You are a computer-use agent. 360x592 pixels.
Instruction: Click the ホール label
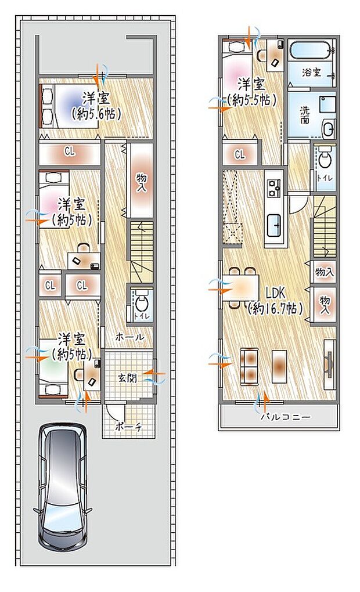pos(129,337)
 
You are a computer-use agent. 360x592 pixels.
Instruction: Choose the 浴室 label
pos(311,73)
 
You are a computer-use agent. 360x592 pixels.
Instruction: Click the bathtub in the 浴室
pos(311,52)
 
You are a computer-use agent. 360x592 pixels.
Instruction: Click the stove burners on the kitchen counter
pos(273,187)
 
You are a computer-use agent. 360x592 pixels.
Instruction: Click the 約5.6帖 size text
pos(96,114)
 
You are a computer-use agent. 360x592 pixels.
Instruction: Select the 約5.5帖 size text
pos(251,100)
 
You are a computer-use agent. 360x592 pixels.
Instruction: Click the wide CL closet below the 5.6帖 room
pos(70,152)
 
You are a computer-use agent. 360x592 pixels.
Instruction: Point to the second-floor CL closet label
pos(239,154)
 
